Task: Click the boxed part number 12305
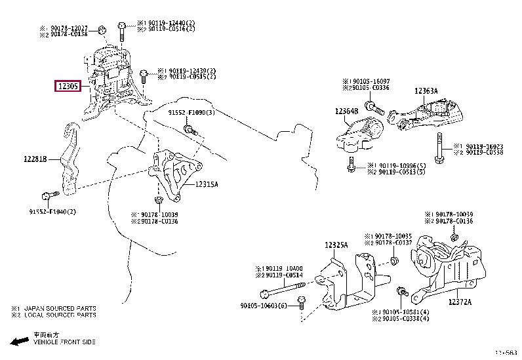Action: [x=68, y=85]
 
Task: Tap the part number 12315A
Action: [x=207, y=184]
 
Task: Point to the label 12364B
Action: [x=347, y=111]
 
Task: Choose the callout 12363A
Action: [x=426, y=91]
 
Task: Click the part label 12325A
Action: [x=336, y=245]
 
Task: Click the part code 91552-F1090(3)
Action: [x=191, y=113]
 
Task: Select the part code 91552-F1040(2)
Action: [x=52, y=211]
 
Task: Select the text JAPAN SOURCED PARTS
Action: [x=60, y=308]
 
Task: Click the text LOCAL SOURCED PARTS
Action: [x=60, y=315]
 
